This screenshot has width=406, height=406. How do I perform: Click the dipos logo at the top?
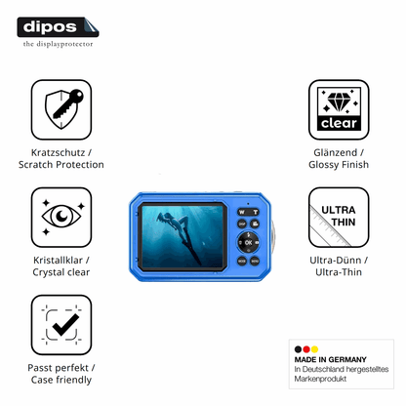pos(58,27)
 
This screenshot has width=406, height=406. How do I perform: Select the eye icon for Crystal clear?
pos(61,217)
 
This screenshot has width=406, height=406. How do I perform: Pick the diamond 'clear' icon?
pos(339,109)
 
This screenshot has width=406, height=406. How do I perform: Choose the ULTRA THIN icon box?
pos(339,217)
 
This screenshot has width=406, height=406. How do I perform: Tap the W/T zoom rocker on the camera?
pos(248,212)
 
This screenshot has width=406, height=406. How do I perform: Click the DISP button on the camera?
pos(242,223)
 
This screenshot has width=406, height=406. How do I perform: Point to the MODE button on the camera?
pos(242,261)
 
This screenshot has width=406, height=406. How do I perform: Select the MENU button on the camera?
pos(255,261)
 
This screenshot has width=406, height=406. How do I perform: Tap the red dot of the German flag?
pos(306,349)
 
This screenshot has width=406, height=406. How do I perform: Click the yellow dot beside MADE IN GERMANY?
pos(314,349)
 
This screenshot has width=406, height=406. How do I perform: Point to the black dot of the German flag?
pos(298,349)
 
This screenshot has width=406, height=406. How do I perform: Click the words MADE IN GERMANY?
pos(330,359)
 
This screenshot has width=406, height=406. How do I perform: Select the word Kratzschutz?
pos(58,152)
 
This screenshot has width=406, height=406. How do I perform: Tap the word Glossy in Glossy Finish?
pos(324,165)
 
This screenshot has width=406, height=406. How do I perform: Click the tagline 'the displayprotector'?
pos(58,44)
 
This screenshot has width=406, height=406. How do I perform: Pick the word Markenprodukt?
pos(320,379)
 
